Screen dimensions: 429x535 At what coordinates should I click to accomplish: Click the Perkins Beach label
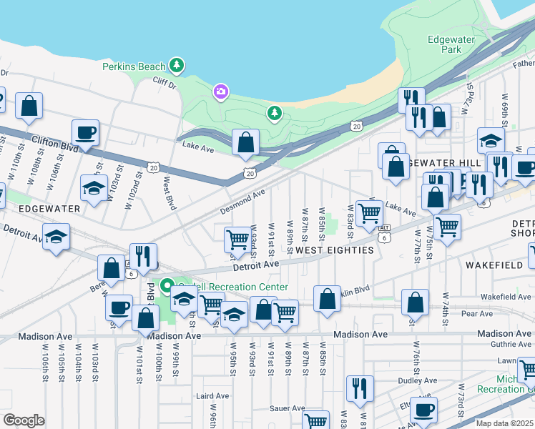pyautogui.click(x=134, y=66)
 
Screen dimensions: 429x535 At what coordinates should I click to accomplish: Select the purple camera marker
pyautogui.click(x=220, y=92)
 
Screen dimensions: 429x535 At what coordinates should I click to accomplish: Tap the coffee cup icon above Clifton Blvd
pyautogui.click(x=85, y=133)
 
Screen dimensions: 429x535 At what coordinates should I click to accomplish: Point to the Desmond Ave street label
pyautogui.click(x=242, y=202)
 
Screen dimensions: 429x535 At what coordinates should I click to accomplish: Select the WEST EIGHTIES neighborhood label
pyautogui.click(x=334, y=250)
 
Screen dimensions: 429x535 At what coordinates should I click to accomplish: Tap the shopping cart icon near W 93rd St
pyautogui.click(x=237, y=240)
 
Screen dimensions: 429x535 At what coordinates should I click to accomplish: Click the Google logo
pyautogui.click(x=24, y=420)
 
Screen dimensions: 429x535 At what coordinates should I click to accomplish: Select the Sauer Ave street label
pyautogui.click(x=289, y=408)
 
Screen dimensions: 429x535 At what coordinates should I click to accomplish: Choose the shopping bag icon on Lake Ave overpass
pyautogui.click(x=245, y=142)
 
